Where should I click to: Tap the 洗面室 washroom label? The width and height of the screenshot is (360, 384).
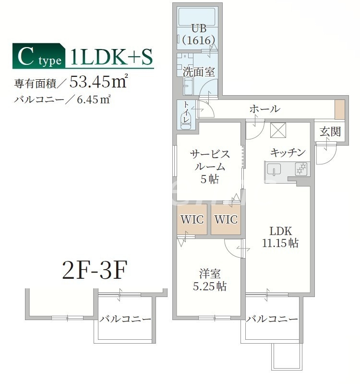click(x=198, y=72)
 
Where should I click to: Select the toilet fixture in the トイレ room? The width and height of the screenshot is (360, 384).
click(x=185, y=120)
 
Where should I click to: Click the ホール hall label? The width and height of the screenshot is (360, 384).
click(x=264, y=109)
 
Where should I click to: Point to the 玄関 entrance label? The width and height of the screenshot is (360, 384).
click(x=330, y=131)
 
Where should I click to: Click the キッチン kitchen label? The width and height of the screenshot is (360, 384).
click(x=288, y=153)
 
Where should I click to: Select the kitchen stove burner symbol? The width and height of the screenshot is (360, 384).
click(x=301, y=169)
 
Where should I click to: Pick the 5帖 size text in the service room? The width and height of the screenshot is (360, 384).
click(x=210, y=179)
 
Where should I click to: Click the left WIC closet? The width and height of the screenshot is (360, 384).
click(x=192, y=220)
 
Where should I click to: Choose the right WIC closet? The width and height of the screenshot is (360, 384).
click(x=226, y=220)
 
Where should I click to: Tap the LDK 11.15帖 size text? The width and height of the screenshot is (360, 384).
click(x=280, y=243)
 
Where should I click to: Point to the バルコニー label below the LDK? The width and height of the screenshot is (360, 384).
click(x=272, y=319)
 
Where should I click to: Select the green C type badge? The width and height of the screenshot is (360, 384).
click(x=39, y=57)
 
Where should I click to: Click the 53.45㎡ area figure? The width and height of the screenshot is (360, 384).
click(x=98, y=82)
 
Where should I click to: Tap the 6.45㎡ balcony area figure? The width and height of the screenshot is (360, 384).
click(x=94, y=100)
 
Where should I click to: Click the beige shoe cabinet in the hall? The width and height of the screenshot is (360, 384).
click(x=339, y=110)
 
